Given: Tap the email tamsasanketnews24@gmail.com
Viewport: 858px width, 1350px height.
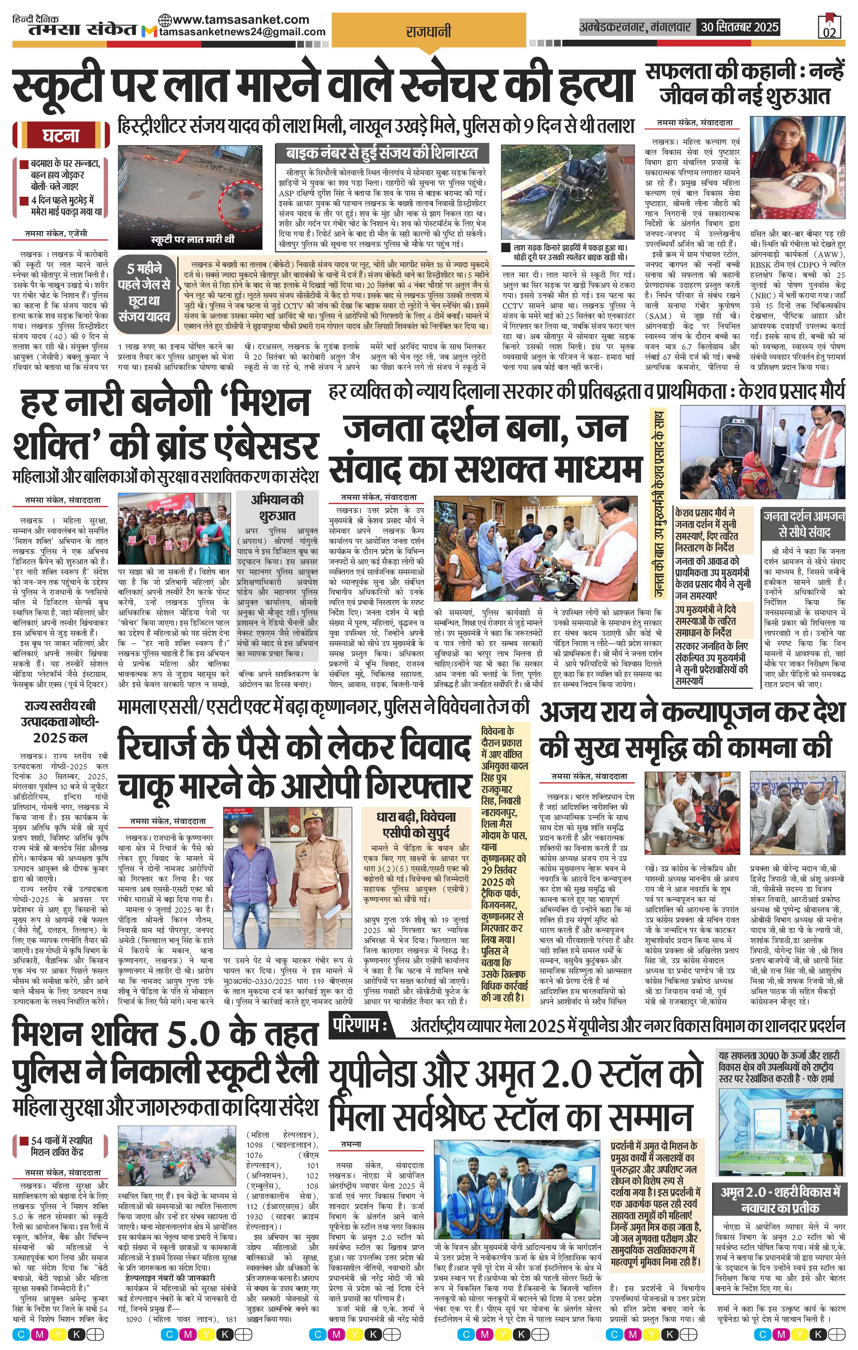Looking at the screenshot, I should pos(242,32).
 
